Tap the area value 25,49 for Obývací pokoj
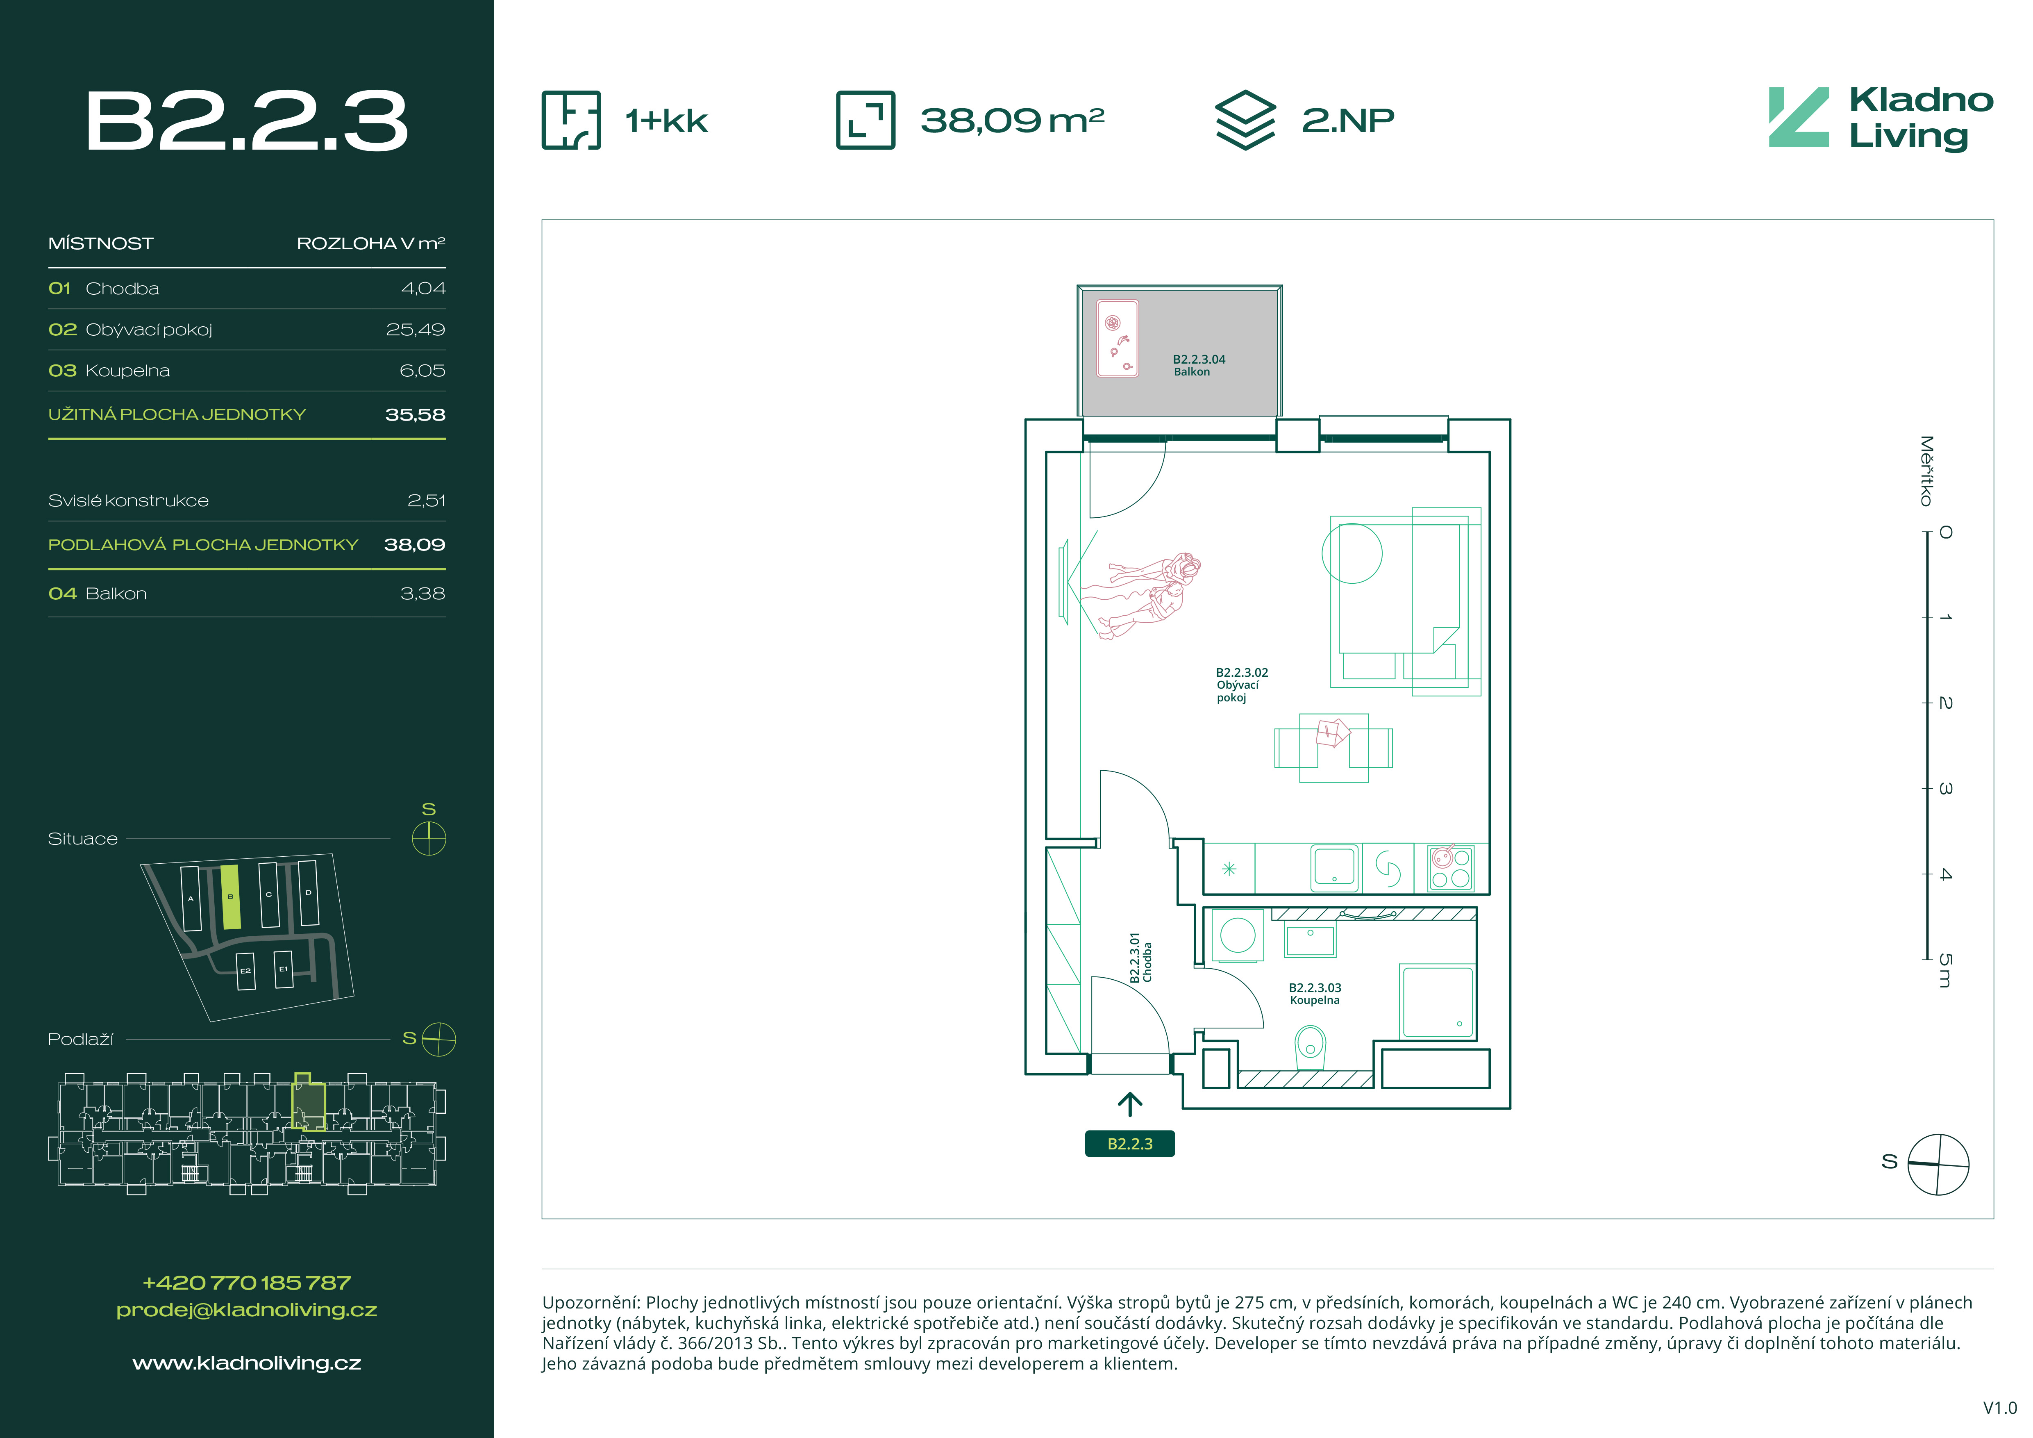[415, 330]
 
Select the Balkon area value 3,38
[423, 593]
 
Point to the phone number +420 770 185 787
[247, 1282]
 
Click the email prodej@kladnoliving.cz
[247, 1310]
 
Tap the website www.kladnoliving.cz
[247, 1363]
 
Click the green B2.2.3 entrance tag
[1130, 1143]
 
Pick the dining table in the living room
[1333, 748]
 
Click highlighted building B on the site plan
[230, 897]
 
